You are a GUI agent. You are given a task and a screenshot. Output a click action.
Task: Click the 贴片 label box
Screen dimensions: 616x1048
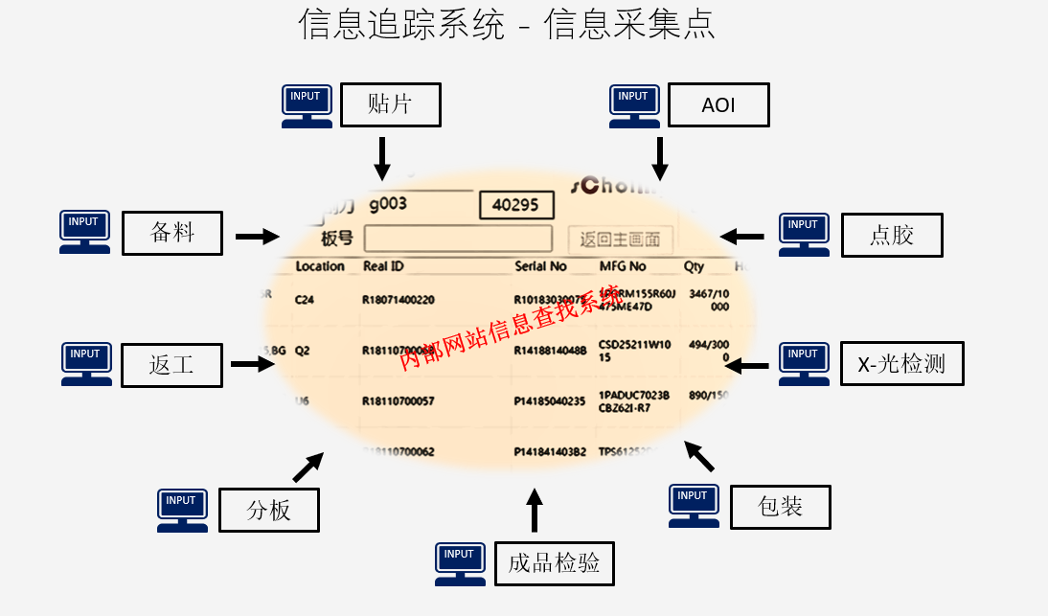pyautogui.click(x=390, y=104)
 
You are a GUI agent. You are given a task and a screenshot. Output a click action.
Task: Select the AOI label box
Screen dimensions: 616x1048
pyautogui.click(x=718, y=104)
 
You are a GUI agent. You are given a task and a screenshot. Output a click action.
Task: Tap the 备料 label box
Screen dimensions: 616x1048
pyautogui.click(x=172, y=233)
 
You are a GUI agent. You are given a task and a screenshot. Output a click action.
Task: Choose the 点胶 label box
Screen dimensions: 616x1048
pyautogui.click(x=892, y=235)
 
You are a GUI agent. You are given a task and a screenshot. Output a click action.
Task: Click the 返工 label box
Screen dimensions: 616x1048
pyautogui.click(x=171, y=365)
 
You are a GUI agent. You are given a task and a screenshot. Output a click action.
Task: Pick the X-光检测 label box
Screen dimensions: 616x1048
pyautogui.click(x=901, y=364)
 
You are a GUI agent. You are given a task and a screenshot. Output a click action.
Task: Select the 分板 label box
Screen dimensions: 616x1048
pyautogui.click(x=268, y=510)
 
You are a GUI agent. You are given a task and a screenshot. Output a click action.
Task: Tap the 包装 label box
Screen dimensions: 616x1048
pyautogui.click(x=780, y=507)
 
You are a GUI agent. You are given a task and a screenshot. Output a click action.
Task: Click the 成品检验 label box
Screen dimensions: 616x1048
pyautogui.click(x=554, y=563)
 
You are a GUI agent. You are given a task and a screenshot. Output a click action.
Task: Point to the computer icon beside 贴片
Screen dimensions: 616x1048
pyautogui.click(x=307, y=105)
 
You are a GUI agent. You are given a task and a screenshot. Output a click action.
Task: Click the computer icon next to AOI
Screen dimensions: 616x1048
pyautogui.click(x=634, y=105)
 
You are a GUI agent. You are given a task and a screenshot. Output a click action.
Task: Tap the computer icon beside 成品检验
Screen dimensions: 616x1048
pyautogui.click(x=460, y=563)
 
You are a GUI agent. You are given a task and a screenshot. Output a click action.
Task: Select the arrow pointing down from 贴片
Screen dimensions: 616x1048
pyautogui.click(x=381, y=158)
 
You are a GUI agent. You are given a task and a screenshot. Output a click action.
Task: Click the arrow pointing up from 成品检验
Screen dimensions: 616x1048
pyautogui.click(x=535, y=510)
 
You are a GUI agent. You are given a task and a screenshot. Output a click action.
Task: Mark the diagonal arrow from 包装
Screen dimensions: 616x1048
pyautogui.click(x=699, y=456)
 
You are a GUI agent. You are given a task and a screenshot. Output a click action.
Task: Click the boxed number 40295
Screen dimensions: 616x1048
pyautogui.click(x=516, y=205)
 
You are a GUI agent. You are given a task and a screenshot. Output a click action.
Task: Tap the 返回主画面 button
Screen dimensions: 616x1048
pyautogui.click(x=620, y=240)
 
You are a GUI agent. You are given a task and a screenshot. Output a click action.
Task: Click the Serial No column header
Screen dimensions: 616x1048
pyautogui.click(x=540, y=266)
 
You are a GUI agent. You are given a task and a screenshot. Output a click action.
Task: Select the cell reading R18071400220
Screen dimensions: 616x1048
pyautogui.click(x=398, y=300)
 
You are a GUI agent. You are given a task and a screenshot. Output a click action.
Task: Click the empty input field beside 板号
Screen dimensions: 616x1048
pyautogui.click(x=458, y=239)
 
